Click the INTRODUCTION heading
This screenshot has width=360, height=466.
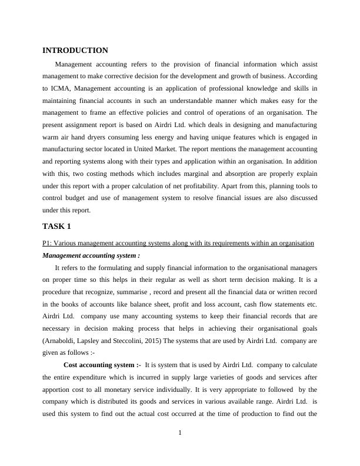click(x=75, y=51)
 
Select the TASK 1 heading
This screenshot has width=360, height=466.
click(x=58, y=227)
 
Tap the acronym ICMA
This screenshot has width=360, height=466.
click(x=62, y=88)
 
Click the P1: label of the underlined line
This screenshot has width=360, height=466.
click(x=48, y=243)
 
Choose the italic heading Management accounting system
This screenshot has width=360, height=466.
click(x=91, y=255)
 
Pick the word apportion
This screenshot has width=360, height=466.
click(x=58, y=390)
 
